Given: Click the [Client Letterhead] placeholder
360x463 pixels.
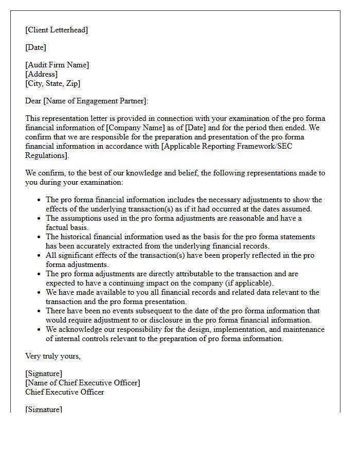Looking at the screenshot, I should [x=57, y=30].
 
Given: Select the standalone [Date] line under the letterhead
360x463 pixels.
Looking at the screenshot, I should [x=35, y=47].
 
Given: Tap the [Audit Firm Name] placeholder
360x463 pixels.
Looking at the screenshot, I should [x=57, y=65].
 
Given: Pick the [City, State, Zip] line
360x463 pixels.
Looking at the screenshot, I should [x=52, y=83].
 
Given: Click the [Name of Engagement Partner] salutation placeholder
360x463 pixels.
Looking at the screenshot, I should [x=96, y=101].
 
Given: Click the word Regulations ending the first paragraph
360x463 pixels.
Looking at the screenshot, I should [x=46, y=155].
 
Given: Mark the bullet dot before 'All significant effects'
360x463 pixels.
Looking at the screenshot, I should [x=40, y=255].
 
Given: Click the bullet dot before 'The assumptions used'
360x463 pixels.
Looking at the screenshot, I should [x=40, y=218].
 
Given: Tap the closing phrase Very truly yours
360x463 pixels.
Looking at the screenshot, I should [x=53, y=356].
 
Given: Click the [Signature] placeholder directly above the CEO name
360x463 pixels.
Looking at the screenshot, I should [x=44, y=373].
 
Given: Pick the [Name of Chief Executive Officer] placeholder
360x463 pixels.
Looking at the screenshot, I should [x=82, y=383].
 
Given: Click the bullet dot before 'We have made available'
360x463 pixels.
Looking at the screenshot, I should [x=40, y=292].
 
